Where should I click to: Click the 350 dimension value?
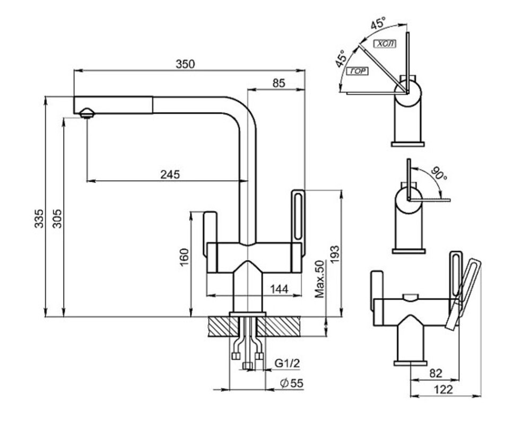tap(185, 64)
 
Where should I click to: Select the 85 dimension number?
tap(279, 83)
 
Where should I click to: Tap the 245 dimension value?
tap(170, 174)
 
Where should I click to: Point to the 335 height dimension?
tap(39, 218)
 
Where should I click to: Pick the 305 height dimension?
tap(57, 218)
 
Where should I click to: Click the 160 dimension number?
tap(184, 257)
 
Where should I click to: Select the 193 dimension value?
tap(335, 254)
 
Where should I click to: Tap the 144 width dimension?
tap(279, 289)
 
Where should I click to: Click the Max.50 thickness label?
tap(319, 279)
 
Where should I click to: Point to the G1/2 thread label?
tap(287, 363)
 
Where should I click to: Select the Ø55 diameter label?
tap(292, 383)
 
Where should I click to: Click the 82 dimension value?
tap(436, 373)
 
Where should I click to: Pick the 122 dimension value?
tap(443, 390)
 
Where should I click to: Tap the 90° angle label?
tap(439, 173)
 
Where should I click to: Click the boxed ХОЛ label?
tap(385, 44)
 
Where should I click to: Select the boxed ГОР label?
tap(357, 71)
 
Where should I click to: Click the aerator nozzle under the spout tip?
tap(87, 113)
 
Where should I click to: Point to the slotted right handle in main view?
tap(298, 221)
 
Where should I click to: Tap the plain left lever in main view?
tap(210, 233)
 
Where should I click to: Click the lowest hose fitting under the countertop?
tap(248, 366)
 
